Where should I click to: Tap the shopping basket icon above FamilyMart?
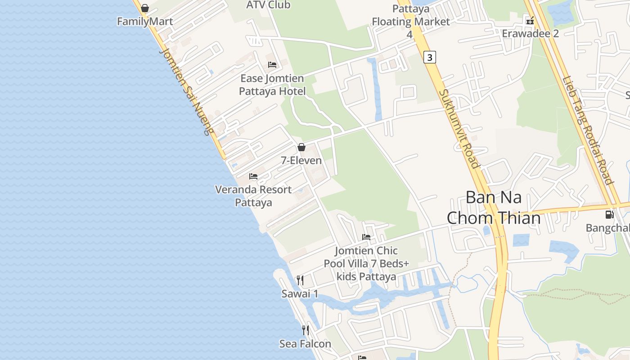(x=145, y=8)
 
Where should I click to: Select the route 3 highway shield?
(x=430, y=57)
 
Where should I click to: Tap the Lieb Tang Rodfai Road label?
(x=588, y=130)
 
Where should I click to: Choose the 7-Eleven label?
(x=301, y=161)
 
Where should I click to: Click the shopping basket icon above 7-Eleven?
(x=301, y=147)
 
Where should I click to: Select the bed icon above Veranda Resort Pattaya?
(x=253, y=176)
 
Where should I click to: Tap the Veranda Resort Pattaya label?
(x=253, y=196)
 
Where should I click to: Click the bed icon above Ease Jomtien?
(x=272, y=65)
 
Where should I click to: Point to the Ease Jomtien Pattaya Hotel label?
(x=272, y=85)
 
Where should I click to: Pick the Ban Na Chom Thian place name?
(x=494, y=207)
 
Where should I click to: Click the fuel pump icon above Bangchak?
(x=609, y=215)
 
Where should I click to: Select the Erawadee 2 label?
(x=530, y=34)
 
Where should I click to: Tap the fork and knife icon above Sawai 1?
(x=300, y=280)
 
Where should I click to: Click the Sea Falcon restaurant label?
(x=305, y=344)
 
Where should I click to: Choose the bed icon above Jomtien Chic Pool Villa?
(x=366, y=237)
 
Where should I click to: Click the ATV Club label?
(x=268, y=5)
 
